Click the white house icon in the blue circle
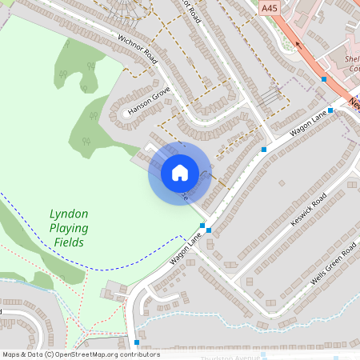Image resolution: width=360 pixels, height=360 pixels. coord(180,172)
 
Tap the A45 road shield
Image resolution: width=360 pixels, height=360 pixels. coord(270,7)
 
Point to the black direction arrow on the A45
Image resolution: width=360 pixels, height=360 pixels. coord(298,46)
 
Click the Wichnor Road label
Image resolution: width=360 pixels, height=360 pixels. coord(137,49)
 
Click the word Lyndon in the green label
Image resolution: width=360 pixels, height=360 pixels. coord(69,214)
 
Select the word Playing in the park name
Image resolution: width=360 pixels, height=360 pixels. coord(70,228)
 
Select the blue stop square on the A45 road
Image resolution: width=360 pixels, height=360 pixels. coord(323,79)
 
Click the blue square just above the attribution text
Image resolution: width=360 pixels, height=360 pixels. coord(137,342)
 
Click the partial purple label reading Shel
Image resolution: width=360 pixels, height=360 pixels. coord(352,58)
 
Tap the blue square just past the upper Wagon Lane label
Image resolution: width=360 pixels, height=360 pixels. coord(330,111)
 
